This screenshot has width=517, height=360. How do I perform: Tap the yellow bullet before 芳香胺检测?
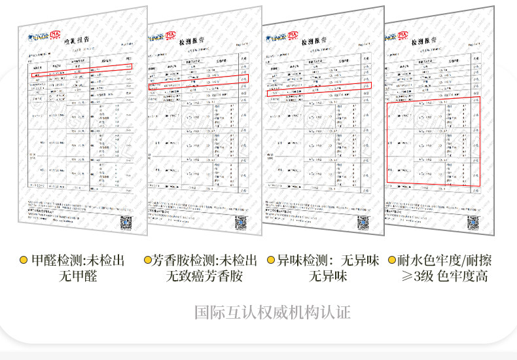pos(148,261)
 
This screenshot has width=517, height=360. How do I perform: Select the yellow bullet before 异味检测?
pos(271,261)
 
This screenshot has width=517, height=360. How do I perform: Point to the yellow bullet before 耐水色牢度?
pos(391,261)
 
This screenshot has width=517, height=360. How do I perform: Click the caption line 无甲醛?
pos(77,276)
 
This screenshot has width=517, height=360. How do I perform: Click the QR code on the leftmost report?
pos(125,223)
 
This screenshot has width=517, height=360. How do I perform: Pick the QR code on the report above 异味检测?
pos(363,223)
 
